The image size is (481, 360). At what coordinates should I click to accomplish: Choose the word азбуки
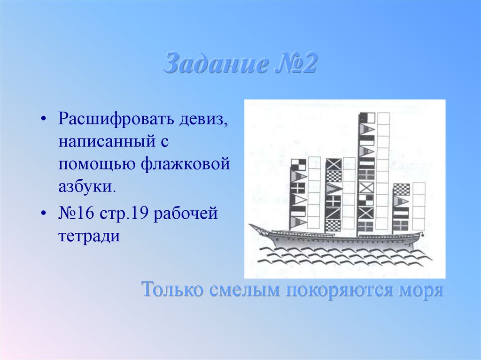[86, 187]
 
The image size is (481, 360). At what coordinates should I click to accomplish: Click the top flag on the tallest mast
[366, 118]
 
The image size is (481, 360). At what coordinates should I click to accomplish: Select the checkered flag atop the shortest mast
[401, 189]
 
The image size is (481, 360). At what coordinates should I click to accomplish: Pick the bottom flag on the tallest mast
[366, 226]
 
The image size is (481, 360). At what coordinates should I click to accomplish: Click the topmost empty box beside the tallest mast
[383, 118]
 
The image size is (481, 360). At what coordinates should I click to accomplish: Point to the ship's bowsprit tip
[251, 226]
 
